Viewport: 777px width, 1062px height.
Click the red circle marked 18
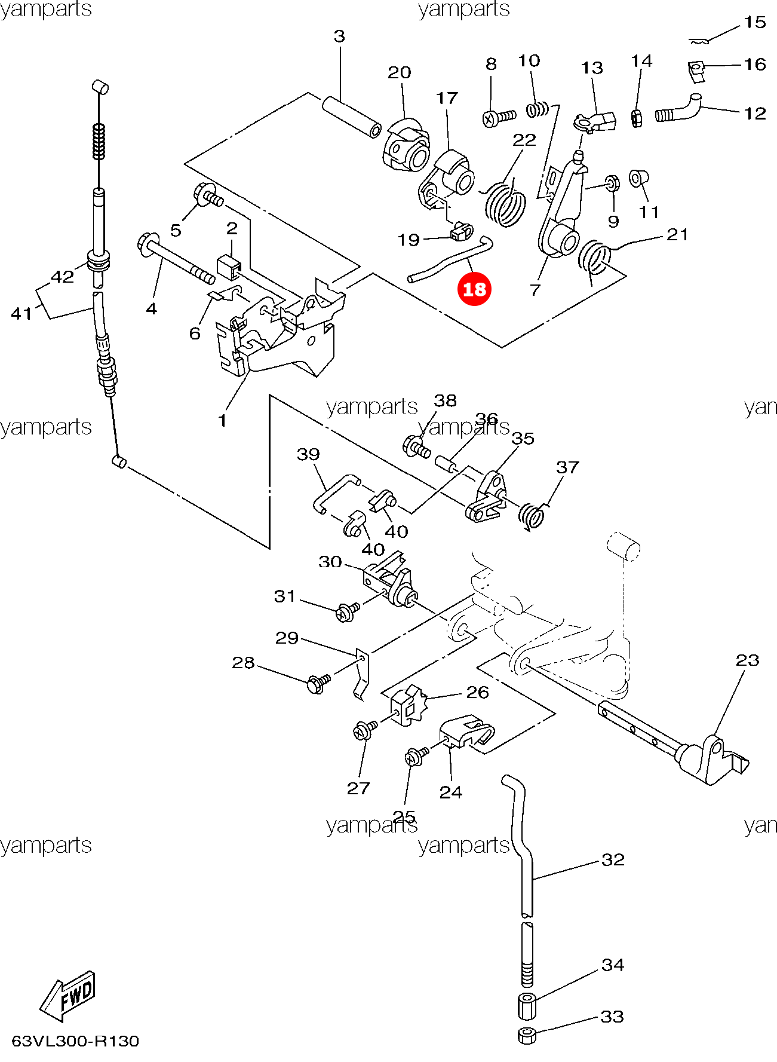coord(474,289)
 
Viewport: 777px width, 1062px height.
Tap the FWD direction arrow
coord(67,996)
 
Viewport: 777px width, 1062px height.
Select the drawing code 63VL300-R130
coord(75,1041)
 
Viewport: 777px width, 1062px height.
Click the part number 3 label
coord(339,37)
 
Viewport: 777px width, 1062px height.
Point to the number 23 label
coord(747,660)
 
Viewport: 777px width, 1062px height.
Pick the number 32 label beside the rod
coord(613,859)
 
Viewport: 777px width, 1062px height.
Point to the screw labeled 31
coord(346,611)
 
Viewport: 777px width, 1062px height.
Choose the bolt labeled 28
coord(317,683)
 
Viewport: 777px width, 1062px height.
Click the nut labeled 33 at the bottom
coord(526,1035)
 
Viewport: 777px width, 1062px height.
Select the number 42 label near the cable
coord(62,277)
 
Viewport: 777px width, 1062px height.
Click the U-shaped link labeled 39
coord(333,491)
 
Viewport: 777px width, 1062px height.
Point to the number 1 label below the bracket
coord(222,421)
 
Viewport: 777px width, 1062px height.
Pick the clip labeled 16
coord(696,71)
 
